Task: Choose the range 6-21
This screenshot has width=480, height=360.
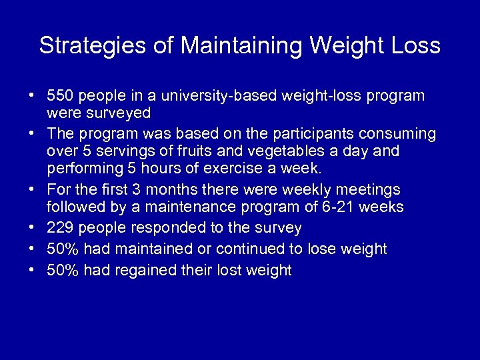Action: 323,207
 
